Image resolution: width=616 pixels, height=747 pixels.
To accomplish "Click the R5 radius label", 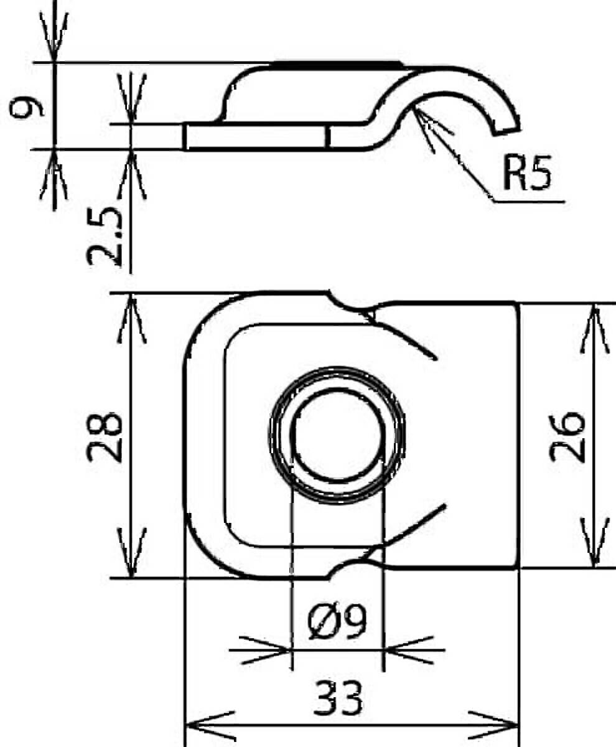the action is point(526,173).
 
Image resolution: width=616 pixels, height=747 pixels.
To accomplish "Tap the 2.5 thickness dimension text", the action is point(105,237).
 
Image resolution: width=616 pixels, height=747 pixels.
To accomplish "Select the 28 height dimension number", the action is point(105,437).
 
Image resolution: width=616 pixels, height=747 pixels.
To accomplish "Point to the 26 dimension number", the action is point(567,437).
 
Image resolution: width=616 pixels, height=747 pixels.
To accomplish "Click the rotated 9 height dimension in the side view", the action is point(27,108).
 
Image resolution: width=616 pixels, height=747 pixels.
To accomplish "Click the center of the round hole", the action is point(338,435).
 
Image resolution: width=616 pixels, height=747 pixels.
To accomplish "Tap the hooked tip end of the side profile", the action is point(507,131).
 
